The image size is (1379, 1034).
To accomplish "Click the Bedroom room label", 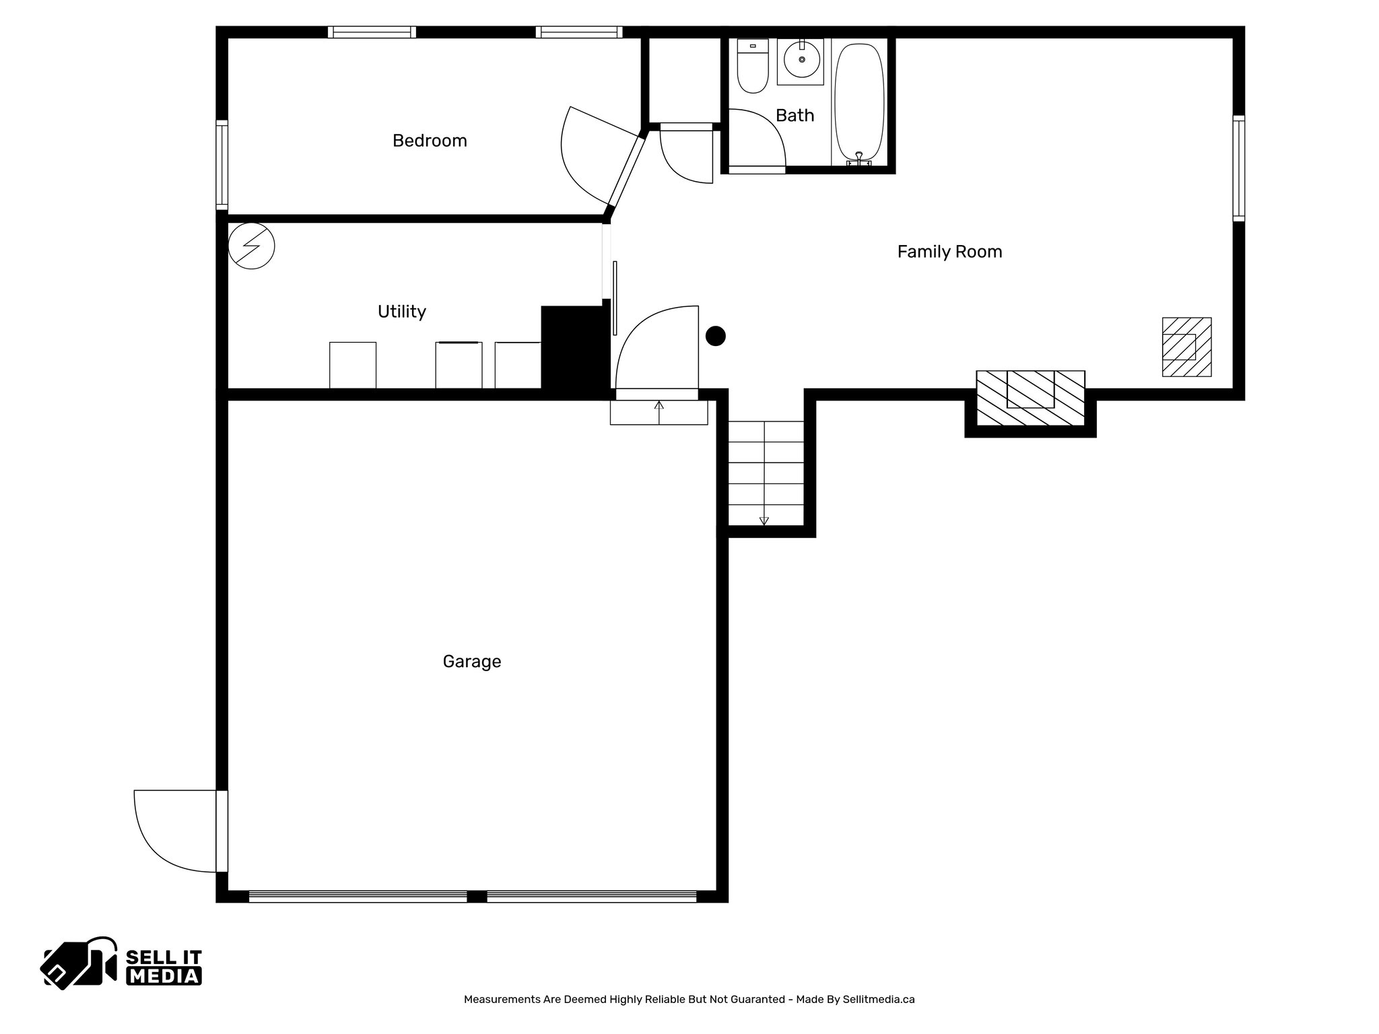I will [430, 141].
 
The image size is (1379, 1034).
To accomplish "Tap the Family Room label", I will [949, 252].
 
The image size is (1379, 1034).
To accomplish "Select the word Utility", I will [401, 312].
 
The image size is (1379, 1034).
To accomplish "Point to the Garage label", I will [471, 662].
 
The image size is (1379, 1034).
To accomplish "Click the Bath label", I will [795, 116].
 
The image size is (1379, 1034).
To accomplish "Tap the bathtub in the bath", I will [859, 101].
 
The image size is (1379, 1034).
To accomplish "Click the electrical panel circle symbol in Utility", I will [251, 246].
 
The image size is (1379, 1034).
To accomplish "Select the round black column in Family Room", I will [715, 336].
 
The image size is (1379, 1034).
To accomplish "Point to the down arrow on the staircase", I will [764, 520].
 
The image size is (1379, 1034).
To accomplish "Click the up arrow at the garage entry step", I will [659, 406].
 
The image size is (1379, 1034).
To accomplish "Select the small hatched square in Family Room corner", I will [1186, 347].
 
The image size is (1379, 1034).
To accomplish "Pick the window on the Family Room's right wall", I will [1238, 168].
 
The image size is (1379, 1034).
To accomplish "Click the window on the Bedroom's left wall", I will [222, 165].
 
